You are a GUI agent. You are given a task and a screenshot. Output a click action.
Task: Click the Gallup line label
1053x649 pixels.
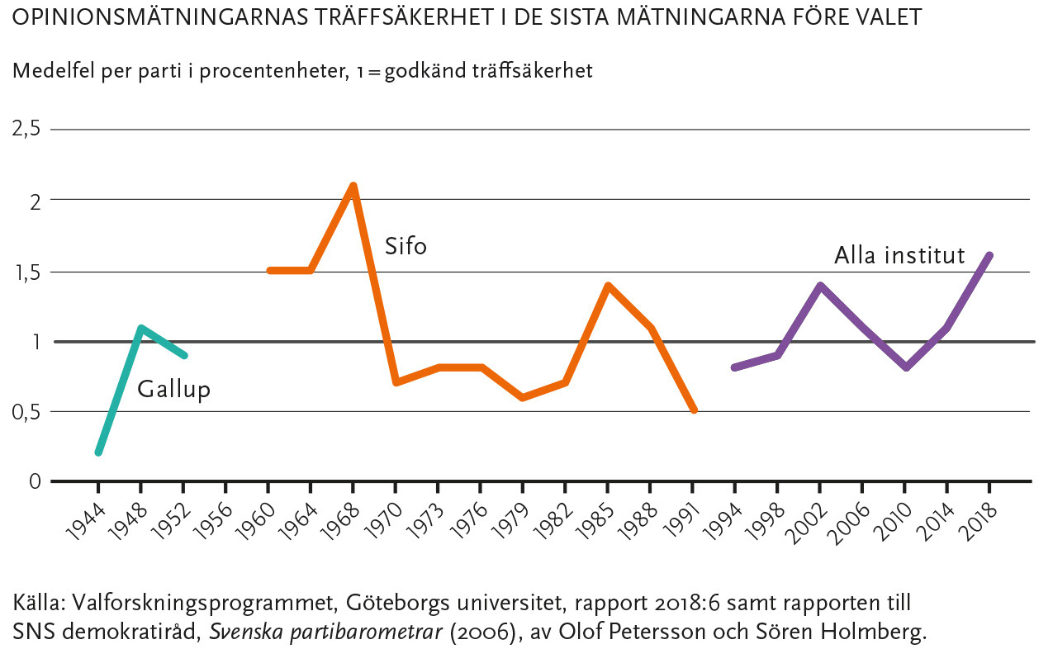coord(173,389)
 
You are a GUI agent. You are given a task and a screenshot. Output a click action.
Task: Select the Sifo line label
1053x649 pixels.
coord(406,246)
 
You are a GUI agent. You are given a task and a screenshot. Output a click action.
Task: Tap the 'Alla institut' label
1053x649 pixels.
coord(899,255)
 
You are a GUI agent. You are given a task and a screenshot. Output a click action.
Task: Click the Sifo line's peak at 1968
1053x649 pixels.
coord(353,186)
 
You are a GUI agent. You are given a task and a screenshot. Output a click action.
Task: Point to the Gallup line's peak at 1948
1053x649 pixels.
coord(141,328)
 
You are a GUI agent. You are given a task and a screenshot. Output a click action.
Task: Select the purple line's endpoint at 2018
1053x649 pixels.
coord(989,255)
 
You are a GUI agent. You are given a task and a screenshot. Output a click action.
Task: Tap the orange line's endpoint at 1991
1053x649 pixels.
coord(694,410)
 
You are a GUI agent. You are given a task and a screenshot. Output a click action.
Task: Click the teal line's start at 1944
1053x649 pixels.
coord(98,452)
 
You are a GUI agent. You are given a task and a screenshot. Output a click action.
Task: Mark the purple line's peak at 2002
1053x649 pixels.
coord(819,285)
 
